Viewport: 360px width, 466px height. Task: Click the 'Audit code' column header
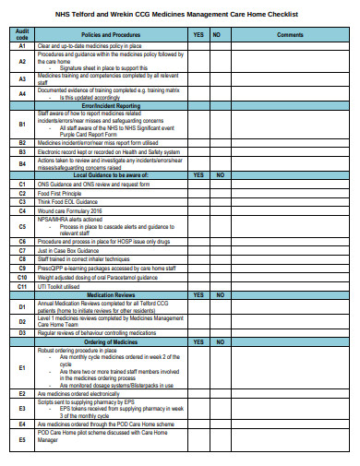point(22,34)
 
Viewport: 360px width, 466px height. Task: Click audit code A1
point(22,44)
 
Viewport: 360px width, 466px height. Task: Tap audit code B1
point(22,124)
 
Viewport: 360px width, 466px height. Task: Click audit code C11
point(22,286)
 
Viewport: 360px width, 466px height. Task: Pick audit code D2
point(22,320)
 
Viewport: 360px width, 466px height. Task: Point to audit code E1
point(22,367)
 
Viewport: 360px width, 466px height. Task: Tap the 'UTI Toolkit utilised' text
point(59,286)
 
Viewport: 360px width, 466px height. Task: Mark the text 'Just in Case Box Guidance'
point(67,251)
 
